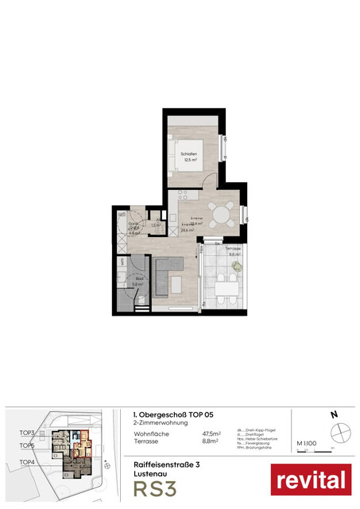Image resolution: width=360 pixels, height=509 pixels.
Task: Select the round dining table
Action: (x=228, y=215)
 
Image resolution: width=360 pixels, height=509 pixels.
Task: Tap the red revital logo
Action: (x=311, y=480)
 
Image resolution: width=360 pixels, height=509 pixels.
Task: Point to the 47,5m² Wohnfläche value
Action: (x=211, y=434)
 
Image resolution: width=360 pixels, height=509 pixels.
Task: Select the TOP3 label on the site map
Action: (x=28, y=432)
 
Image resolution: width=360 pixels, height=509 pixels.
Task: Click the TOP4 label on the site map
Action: (x=28, y=461)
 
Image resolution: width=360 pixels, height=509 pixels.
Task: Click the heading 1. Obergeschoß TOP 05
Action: (x=173, y=414)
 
